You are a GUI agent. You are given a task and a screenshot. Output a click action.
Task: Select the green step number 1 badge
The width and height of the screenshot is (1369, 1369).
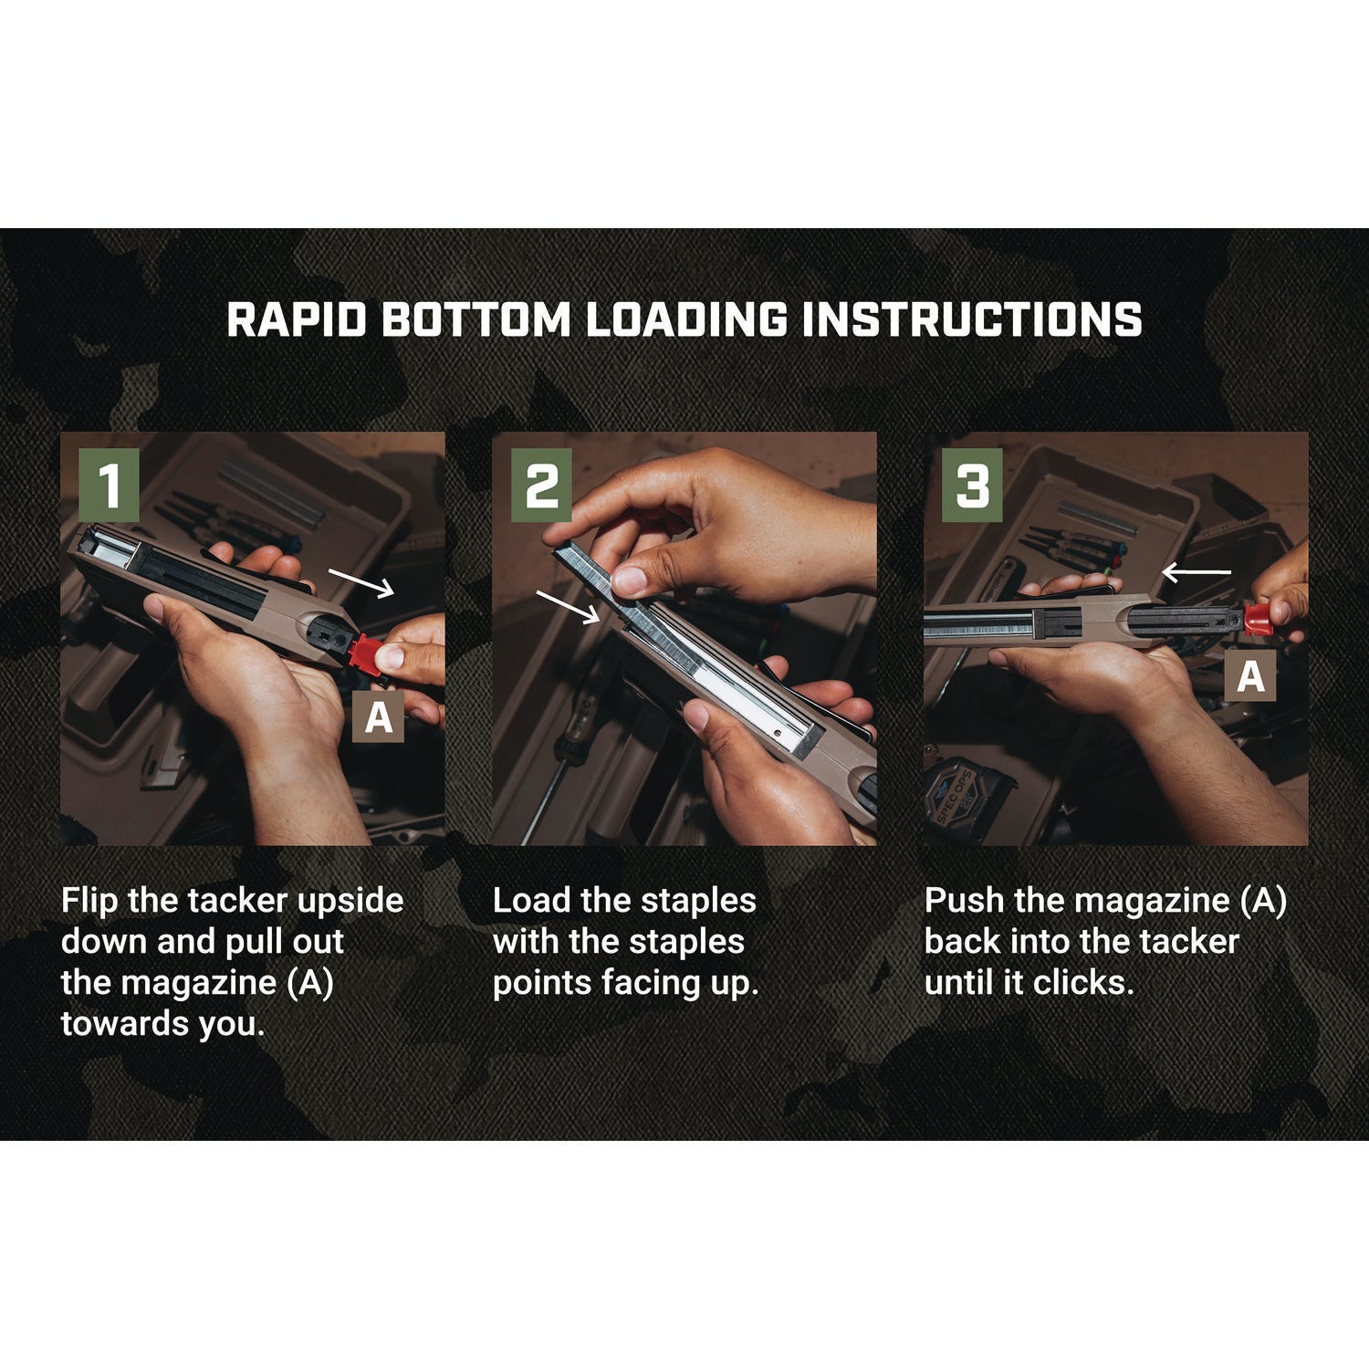pos(110,486)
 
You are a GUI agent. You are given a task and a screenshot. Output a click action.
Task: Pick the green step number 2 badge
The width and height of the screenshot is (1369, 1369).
pos(541,486)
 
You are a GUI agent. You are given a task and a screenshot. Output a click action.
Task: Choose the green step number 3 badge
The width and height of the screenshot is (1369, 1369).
pos(972,486)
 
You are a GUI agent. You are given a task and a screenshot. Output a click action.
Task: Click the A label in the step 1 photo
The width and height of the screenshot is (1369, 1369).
pos(379,716)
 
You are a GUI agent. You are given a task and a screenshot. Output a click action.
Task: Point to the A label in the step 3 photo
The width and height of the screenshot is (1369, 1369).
pos(1250,676)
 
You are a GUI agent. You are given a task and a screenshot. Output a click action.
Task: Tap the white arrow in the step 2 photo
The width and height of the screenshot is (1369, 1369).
pos(568,606)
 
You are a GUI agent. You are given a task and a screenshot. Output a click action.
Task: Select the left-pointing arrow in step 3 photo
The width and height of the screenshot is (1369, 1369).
pos(1196,572)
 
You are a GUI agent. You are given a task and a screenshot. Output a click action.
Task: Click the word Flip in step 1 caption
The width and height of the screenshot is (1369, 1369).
pos(89,901)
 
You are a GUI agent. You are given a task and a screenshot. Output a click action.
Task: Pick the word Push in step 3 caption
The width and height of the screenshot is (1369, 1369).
pos(964,901)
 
